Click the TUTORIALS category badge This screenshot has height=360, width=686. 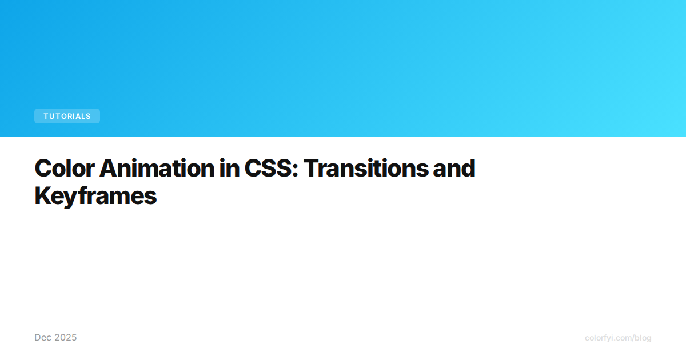67,116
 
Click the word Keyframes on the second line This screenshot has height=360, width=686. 95,196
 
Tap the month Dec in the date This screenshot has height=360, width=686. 43,338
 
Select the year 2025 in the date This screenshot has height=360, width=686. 65,338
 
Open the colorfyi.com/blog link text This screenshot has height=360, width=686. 618,338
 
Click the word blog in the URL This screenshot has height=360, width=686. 642,338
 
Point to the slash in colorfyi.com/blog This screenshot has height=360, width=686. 631,338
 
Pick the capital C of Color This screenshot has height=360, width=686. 43,168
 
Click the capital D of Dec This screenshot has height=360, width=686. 38,338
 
